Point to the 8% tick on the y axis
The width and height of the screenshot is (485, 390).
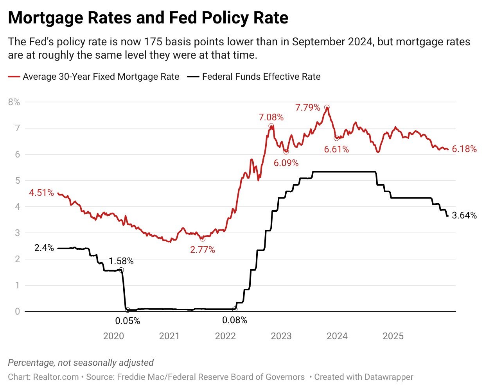[14, 102]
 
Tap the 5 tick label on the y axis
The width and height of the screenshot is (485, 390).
[17, 181]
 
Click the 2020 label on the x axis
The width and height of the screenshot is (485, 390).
[113, 336]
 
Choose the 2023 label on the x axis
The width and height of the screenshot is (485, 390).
[281, 336]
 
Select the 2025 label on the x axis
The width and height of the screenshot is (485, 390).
[393, 336]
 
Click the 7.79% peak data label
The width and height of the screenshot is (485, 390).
[307, 107]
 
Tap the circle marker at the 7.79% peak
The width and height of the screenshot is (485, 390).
[327, 107]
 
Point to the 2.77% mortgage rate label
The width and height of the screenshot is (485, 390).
[203, 250]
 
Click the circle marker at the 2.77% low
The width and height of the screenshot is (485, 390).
[202, 238]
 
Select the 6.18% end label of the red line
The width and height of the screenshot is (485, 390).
[464, 149]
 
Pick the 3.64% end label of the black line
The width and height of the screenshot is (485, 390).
[464, 215]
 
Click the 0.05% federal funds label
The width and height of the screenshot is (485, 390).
[128, 321]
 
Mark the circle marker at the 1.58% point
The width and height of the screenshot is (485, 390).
[121, 270]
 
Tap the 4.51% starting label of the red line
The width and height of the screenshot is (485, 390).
[41, 193]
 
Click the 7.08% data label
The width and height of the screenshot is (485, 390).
[271, 117]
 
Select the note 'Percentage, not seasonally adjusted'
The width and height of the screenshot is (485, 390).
[81, 363]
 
